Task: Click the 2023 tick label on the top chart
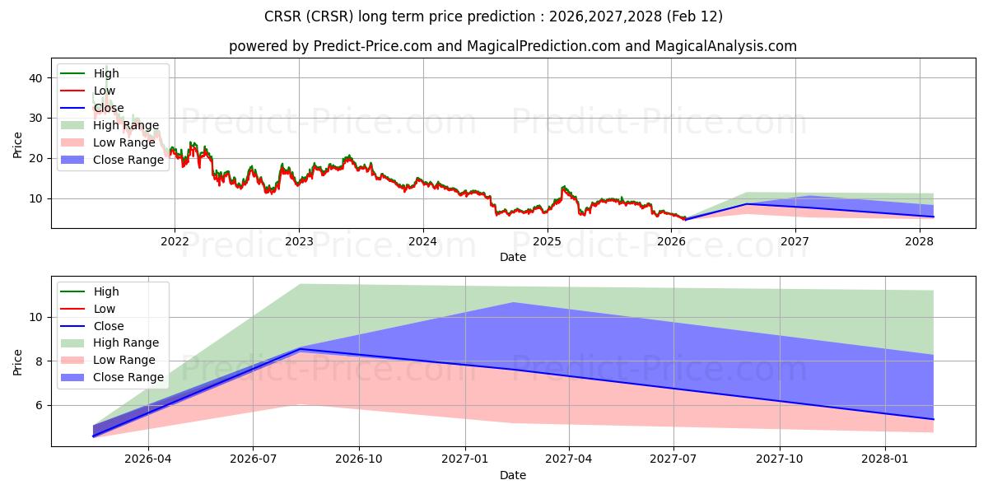(299, 241)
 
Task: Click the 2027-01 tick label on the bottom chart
(466, 459)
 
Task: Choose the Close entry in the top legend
(109, 108)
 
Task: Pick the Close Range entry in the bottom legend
(128, 377)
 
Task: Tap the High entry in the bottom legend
(106, 291)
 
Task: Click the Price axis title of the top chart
(18, 144)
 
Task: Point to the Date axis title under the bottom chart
(513, 475)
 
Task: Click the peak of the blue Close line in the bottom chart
(300, 349)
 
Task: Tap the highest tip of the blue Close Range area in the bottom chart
(514, 303)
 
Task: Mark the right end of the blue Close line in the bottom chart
(933, 419)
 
